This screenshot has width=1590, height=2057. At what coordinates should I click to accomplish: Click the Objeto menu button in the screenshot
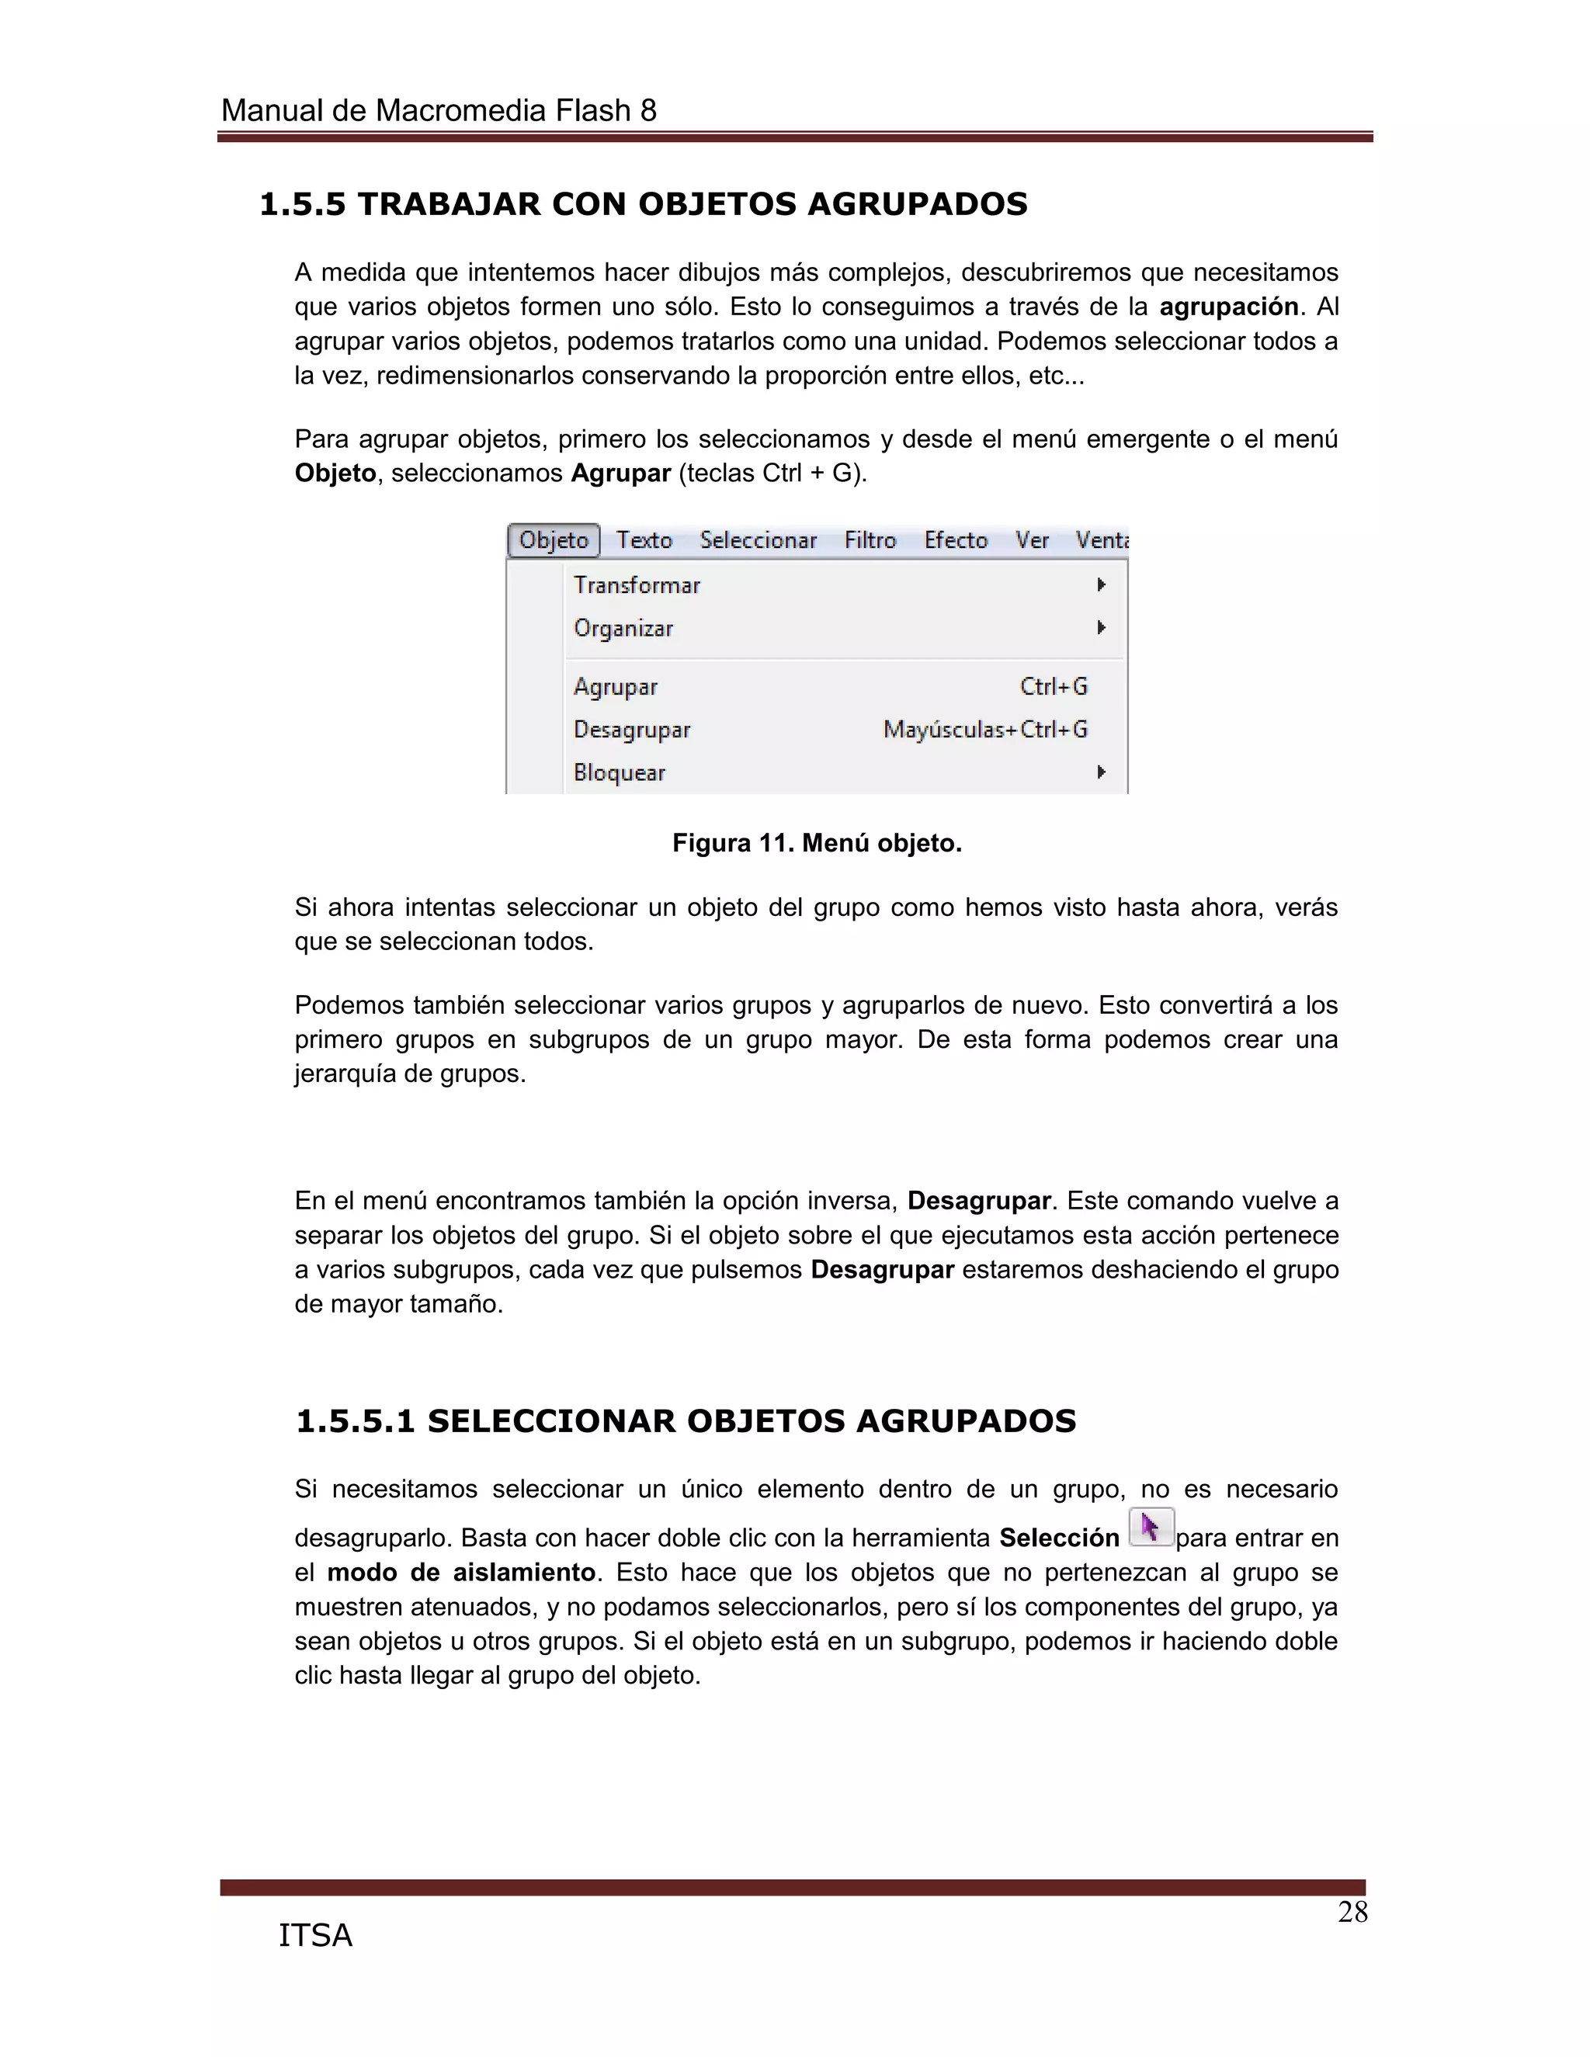[553, 540]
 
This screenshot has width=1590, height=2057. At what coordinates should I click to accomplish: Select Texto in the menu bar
[644, 540]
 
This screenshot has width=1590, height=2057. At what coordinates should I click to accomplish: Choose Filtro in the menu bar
[870, 540]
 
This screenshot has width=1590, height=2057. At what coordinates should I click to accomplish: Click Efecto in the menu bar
[955, 540]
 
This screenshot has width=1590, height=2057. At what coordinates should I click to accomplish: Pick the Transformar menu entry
[637, 585]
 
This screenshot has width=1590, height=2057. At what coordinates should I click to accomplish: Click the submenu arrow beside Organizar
[1100, 627]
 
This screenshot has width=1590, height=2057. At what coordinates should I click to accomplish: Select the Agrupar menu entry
[615, 687]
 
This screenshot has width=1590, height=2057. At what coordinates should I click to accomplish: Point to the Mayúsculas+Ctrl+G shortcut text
[984, 730]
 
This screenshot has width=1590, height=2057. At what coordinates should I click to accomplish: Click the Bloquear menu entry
[619, 772]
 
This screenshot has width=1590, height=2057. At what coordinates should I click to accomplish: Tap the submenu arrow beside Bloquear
[1100, 772]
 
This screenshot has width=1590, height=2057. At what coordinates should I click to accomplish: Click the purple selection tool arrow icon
[1150, 1527]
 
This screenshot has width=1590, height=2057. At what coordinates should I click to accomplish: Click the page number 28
[1352, 1913]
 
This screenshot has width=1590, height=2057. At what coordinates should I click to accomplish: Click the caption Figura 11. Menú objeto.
[817, 843]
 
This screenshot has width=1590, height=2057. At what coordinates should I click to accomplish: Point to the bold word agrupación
[1228, 307]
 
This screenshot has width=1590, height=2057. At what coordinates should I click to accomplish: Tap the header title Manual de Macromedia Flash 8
[438, 111]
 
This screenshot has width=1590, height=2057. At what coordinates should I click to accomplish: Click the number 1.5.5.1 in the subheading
[355, 1421]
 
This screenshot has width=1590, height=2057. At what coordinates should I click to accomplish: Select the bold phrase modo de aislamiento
[460, 1573]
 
